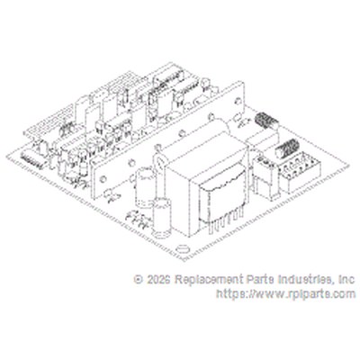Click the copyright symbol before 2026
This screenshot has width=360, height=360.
[x=139, y=280]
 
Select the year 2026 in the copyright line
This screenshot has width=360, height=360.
[x=159, y=280]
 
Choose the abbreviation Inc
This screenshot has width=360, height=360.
[x=346, y=280]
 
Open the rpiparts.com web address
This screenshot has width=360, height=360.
[x=286, y=293]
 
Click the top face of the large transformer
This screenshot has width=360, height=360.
[x=207, y=156]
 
